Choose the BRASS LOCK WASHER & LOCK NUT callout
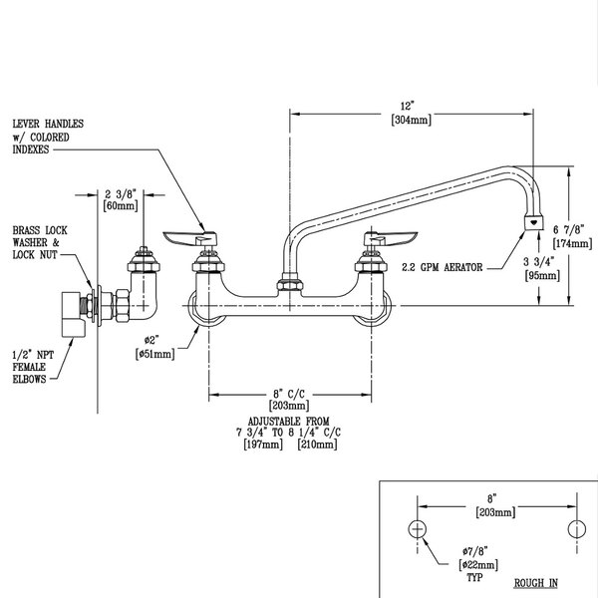(x=37, y=242)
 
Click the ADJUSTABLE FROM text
(x=289, y=421)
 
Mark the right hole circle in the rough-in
(x=575, y=527)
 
